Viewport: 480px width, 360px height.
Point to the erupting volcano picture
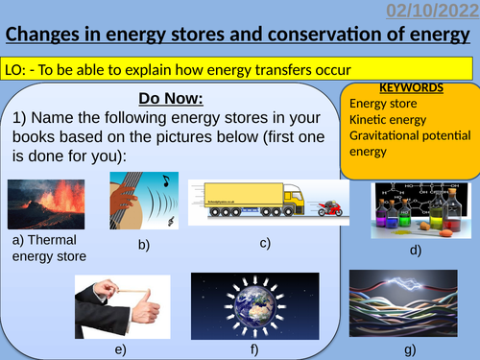coord(45,205)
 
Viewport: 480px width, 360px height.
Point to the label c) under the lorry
coord(265,244)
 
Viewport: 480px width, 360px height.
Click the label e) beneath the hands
coord(121,349)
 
